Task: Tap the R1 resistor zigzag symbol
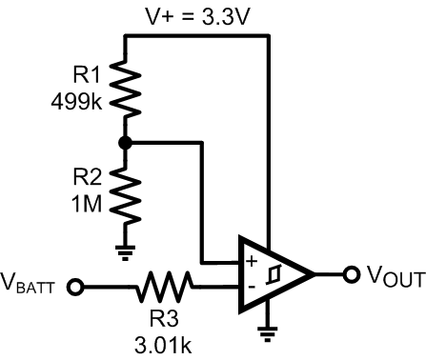coord(126,88)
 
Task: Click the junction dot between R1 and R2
coord(126,142)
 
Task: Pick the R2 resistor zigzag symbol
coord(126,195)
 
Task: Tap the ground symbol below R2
coord(126,250)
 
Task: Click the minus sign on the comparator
coord(251,285)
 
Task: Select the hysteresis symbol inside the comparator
coord(276,273)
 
